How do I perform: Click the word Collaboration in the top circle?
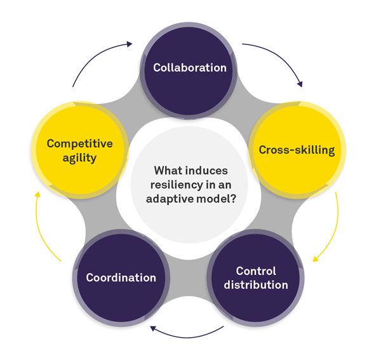pyautogui.click(x=190, y=67)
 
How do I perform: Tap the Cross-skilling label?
pyautogui.click(x=297, y=150)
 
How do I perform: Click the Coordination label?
pyautogui.click(x=121, y=277)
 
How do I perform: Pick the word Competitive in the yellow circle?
pyautogui.click(x=80, y=143)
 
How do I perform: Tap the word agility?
pyautogui.click(x=80, y=157)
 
